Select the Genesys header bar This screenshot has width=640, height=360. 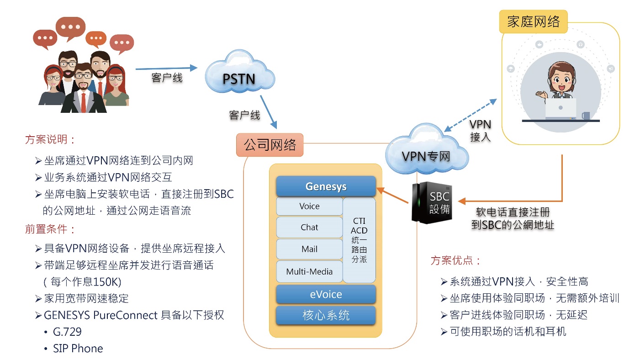click(326, 187)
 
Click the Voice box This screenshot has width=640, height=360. click(309, 206)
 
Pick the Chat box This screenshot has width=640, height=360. click(309, 228)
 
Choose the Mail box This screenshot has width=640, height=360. click(309, 249)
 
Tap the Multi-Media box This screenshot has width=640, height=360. click(309, 272)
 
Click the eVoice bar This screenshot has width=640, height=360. click(326, 295)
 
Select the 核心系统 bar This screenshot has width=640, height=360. click(326, 316)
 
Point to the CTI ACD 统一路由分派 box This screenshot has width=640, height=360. click(359, 240)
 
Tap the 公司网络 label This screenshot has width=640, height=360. click(270, 145)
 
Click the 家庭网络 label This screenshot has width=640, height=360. click(533, 21)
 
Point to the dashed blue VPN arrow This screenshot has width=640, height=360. click(471, 116)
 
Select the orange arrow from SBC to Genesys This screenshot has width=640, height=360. click(393, 195)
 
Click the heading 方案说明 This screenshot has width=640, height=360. click(50, 140)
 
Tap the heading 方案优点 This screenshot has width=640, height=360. click(455, 261)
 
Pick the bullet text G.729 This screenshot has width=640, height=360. click(67, 332)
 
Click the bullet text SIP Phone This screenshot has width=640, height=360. click(78, 349)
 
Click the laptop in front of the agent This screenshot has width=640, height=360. click(561, 110)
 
